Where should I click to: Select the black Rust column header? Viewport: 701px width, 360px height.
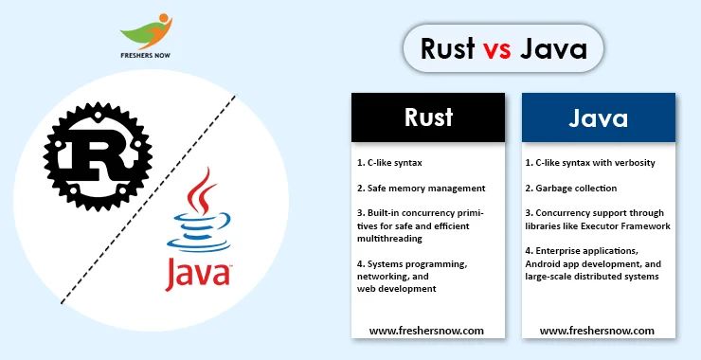pyautogui.click(x=428, y=117)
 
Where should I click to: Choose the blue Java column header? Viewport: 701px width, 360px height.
pyautogui.click(x=598, y=117)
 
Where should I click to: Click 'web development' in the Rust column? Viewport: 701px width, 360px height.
pyautogui.click(x=397, y=288)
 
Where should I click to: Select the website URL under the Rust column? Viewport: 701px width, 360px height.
pyautogui.click(x=426, y=331)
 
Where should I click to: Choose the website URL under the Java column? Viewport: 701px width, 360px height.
pyautogui.click(x=597, y=331)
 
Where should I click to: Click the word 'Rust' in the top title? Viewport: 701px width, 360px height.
pyautogui.click(x=448, y=49)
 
